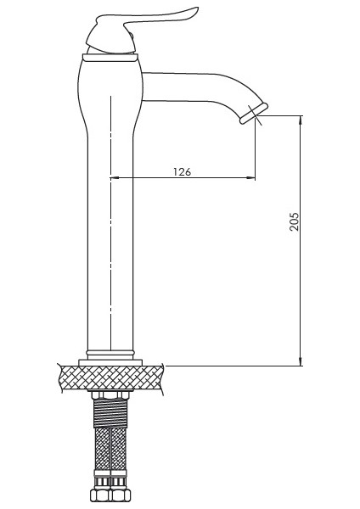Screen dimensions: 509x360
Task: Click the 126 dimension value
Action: point(182,171)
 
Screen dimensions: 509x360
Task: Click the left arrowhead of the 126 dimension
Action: point(115,178)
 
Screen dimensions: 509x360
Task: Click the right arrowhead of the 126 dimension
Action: point(251,178)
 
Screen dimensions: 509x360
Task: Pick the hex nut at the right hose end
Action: point(121,497)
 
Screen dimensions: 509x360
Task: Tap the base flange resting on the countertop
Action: point(111,362)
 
